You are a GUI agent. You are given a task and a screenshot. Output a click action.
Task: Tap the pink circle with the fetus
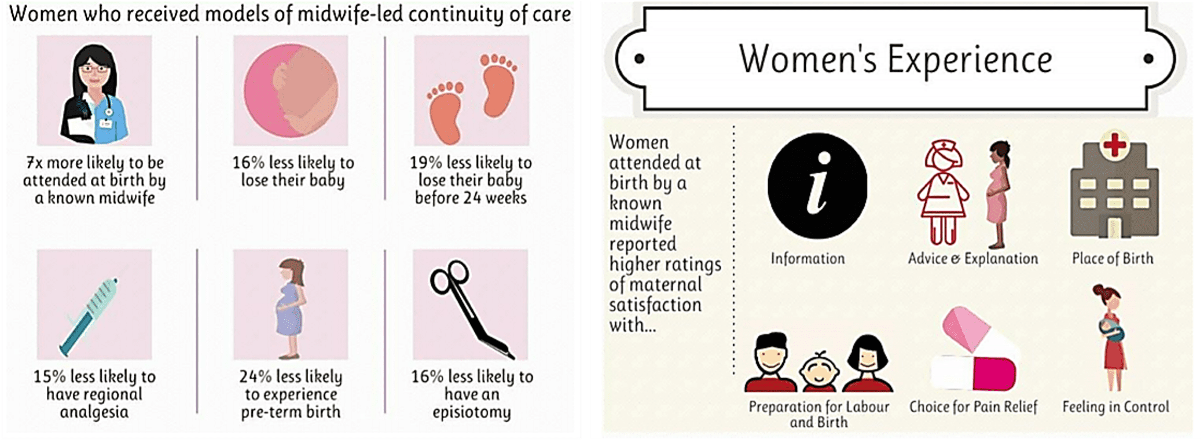(x=291, y=90)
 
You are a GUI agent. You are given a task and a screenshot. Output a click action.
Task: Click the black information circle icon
(x=817, y=185)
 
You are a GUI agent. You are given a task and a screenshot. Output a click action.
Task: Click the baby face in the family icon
(x=819, y=371)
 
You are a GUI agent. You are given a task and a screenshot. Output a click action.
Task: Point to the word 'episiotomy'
(x=471, y=413)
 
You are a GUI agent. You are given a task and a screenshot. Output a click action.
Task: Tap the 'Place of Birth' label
(x=1112, y=258)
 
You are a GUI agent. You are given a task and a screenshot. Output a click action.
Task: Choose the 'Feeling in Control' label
(x=1115, y=407)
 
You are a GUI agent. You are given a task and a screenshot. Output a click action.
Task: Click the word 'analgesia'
(x=94, y=412)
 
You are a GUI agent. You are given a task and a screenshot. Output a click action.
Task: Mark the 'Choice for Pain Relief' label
(x=973, y=407)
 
